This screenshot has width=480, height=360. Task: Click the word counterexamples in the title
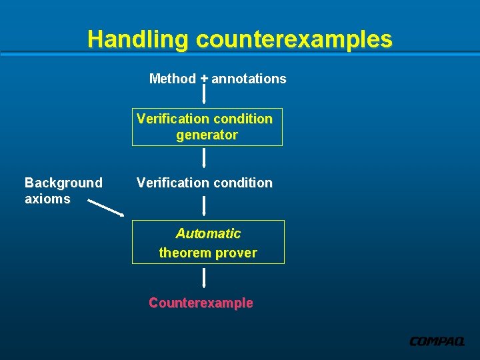(x=294, y=39)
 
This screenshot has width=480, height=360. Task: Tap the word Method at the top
(x=173, y=79)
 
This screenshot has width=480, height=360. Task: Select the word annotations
(x=249, y=79)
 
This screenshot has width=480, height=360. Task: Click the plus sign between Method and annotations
(x=204, y=78)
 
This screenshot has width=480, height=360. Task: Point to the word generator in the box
(x=207, y=135)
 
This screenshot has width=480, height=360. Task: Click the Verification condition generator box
(x=207, y=127)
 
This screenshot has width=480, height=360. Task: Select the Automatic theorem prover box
(x=208, y=242)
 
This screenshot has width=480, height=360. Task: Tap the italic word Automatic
(x=208, y=233)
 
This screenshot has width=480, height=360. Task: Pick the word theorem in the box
(x=183, y=253)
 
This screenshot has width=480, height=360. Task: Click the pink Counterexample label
(x=201, y=303)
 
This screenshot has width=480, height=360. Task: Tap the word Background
(x=63, y=183)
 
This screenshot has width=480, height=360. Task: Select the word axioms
(x=47, y=199)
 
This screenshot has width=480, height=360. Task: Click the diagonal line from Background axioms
(x=106, y=208)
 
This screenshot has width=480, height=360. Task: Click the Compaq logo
(x=437, y=341)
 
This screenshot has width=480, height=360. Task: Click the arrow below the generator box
(x=204, y=158)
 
